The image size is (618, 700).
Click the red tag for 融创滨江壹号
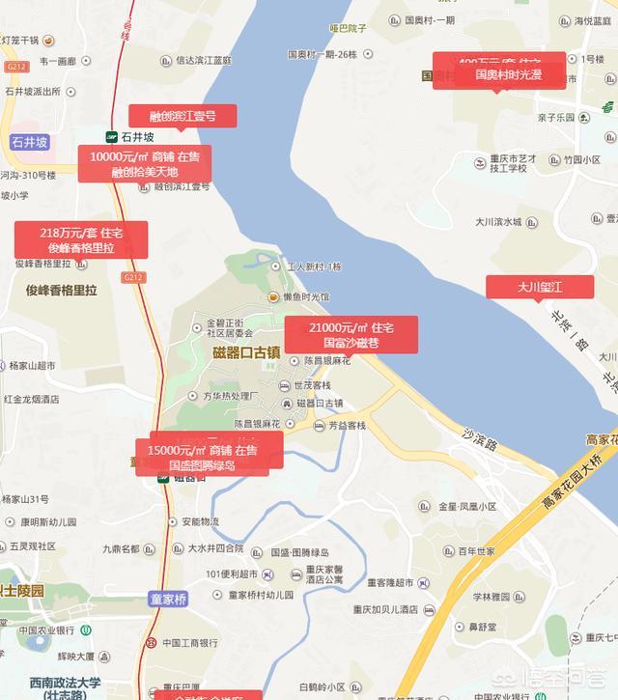click(x=183, y=116)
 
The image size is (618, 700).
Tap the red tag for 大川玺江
click(x=540, y=287)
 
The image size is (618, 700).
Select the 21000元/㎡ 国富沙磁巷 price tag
click(x=351, y=335)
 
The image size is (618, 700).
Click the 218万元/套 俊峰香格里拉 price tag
click(x=81, y=239)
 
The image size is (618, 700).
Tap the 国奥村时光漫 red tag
click(x=508, y=74)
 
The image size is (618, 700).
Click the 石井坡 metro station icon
click(x=112, y=137)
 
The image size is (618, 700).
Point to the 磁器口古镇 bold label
click(x=246, y=352)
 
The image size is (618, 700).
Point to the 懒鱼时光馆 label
click(x=305, y=297)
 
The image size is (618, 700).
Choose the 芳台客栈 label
click(x=346, y=425)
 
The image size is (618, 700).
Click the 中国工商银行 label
click(x=192, y=643)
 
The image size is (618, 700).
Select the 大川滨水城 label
click(x=498, y=222)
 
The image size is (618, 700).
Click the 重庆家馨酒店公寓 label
click(x=319, y=574)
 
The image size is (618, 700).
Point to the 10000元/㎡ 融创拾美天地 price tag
click(x=145, y=164)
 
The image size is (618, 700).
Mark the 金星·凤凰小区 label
click(x=467, y=506)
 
